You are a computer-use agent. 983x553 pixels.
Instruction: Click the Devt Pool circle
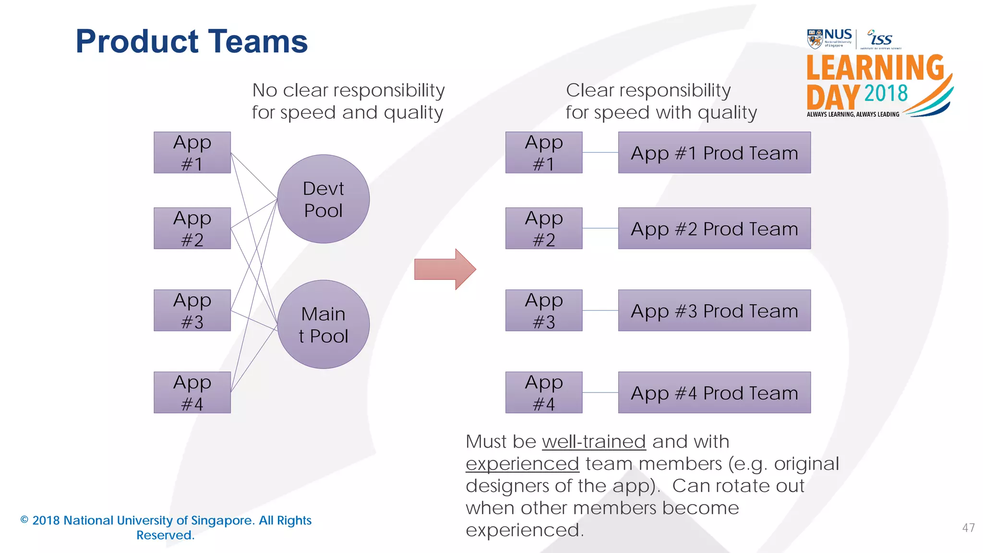323,199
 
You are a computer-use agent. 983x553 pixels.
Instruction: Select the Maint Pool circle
323,325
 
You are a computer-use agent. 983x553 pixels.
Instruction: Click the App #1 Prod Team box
714,153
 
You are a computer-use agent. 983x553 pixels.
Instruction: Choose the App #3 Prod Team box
714,311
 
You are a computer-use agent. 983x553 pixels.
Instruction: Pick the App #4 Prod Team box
714,393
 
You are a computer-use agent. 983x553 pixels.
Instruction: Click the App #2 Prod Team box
714,228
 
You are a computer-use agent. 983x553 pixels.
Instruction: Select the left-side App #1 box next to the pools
192,153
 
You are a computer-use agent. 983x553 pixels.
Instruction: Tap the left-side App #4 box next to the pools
192,393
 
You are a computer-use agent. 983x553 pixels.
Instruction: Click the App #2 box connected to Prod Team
544,228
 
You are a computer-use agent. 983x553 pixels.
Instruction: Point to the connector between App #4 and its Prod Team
600,393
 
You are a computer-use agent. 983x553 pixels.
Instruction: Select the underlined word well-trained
594,442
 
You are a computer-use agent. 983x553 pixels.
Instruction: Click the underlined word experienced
522,464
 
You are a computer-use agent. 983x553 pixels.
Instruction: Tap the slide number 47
968,528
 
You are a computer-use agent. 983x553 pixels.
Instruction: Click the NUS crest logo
815,39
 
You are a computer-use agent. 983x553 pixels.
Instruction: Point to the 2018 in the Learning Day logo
886,94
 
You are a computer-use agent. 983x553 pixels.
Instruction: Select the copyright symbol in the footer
24,520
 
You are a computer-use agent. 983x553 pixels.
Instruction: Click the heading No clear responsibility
348,90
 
